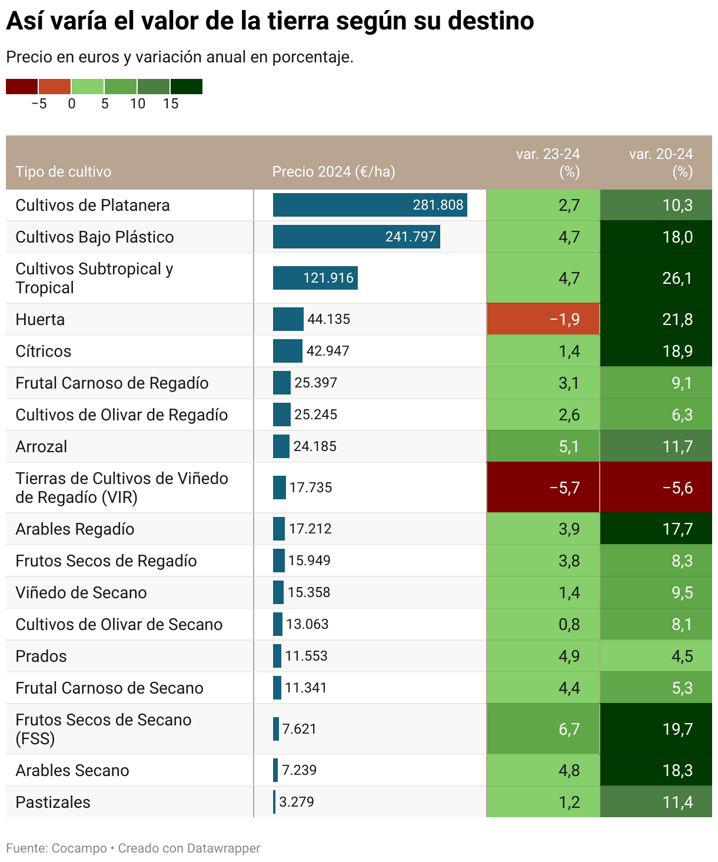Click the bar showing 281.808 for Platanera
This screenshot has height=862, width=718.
point(370,205)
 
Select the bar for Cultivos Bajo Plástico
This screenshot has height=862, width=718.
point(356,237)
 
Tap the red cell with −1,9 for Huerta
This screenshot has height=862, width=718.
point(543,319)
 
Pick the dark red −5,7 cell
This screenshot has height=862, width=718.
point(543,488)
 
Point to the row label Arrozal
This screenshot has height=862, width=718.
point(41,446)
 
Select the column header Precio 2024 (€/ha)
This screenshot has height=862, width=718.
point(333,171)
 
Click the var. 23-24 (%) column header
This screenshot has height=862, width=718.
point(548,163)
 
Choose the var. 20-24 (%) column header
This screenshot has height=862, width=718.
point(661,163)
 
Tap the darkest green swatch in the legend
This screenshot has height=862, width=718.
point(187,87)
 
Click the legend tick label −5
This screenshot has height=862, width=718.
point(39,104)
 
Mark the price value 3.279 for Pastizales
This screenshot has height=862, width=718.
point(297,802)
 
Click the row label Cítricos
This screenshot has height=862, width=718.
point(43,351)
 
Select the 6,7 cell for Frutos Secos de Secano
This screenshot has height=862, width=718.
point(543,729)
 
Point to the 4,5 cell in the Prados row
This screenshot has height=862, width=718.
point(656,656)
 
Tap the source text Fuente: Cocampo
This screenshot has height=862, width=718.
point(56,848)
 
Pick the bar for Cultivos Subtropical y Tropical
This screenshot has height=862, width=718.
point(315,278)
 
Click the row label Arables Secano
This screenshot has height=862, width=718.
point(72,770)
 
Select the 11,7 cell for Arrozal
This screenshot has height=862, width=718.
point(656,446)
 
